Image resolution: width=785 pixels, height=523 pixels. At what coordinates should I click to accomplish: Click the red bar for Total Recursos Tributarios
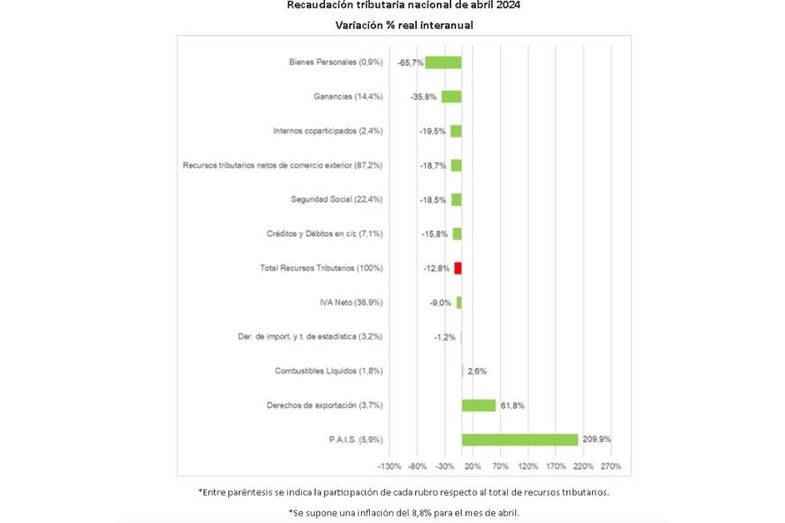pos(457,268)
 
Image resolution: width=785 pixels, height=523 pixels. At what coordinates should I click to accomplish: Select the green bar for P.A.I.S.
pos(520,439)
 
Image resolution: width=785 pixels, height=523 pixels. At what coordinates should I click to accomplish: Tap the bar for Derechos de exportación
pos(478,405)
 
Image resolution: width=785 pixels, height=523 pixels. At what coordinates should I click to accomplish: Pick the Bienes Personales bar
pos(443,62)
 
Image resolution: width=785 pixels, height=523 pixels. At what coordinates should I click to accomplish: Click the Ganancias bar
pos(451,96)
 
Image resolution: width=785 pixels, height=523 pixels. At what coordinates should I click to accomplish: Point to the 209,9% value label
pos(597,439)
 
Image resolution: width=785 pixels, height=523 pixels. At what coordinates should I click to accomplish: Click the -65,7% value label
pos(411,62)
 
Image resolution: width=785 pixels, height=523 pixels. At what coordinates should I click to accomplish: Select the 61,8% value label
pos(512,405)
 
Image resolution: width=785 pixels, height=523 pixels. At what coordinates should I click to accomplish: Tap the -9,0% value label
pos(440,302)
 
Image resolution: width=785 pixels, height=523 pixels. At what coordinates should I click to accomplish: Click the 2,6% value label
pos(477,371)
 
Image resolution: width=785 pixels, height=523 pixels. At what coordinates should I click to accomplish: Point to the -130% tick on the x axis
pos(389,466)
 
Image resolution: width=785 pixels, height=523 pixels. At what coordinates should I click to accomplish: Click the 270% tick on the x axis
pos(611,466)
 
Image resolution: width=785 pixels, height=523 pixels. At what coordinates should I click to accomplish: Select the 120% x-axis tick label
pos(528,466)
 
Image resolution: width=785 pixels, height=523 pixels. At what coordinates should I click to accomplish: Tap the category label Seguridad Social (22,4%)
pos(337,199)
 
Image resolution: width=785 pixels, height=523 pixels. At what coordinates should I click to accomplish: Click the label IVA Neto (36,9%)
pos(351,302)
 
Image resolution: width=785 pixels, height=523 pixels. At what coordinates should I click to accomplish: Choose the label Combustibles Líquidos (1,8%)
pos(328,371)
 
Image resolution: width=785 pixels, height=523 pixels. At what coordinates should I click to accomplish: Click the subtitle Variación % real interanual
pos(404,25)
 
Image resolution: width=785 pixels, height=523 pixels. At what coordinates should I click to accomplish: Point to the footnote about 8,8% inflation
pos(404,512)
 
